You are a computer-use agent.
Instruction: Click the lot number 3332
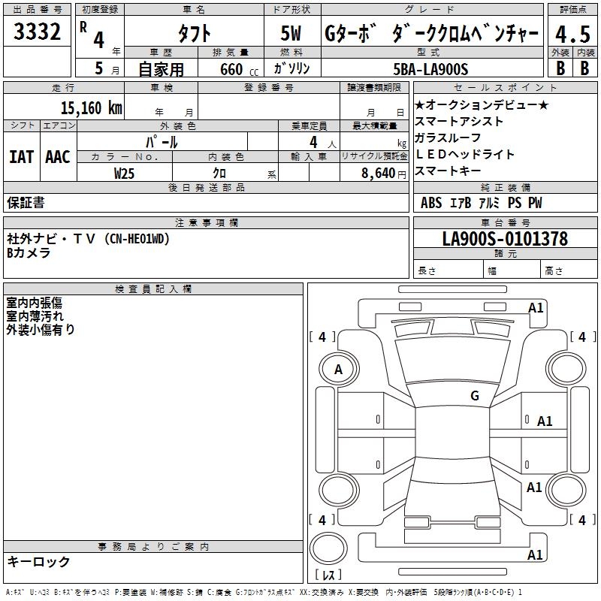coord(38,33)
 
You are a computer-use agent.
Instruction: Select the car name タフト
coord(194,34)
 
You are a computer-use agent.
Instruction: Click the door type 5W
coord(293,34)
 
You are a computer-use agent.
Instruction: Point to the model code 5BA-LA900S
coord(430,69)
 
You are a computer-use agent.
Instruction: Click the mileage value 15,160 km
coord(92,107)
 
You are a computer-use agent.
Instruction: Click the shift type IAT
coord(21,157)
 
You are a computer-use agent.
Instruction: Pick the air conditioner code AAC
coord(58,157)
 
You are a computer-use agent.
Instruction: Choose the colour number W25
coord(124,173)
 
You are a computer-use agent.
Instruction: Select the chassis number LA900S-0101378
coord(505,240)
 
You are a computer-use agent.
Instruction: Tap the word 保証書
coord(26,202)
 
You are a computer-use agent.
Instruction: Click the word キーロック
coord(39,561)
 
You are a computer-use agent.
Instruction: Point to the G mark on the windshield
coord(475,396)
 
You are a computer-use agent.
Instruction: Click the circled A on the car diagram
coord(338,370)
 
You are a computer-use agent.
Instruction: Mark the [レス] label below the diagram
coord(328,575)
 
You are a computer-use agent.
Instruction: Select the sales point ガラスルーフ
coord(448,137)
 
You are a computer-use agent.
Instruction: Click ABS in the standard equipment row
coord(431,203)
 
